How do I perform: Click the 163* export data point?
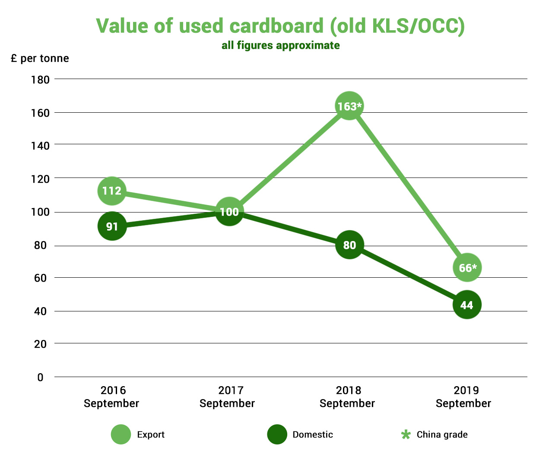[x=349, y=106]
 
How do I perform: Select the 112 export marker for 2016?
[x=112, y=190]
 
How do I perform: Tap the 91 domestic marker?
[x=112, y=226]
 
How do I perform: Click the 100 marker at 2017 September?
[x=229, y=212]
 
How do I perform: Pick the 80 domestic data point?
[x=349, y=245]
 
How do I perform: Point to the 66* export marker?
[x=467, y=268]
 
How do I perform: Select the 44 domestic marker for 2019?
[x=467, y=305]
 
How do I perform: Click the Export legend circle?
[x=121, y=435]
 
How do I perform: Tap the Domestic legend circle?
[x=277, y=435]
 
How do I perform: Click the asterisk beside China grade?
[x=406, y=435]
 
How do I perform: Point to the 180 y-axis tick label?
[x=40, y=80]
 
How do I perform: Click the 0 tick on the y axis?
[x=40, y=378]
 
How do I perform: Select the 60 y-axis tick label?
[x=40, y=278]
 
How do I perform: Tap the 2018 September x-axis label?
[x=347, y=397]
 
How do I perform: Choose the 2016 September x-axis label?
[x=111, y=397]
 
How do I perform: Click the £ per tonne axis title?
[x=40, y=58]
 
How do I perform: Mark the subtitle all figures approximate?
[x=280, y=45]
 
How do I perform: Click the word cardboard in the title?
[x=276, y=26]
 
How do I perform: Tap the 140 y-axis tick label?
[x=40, y=146]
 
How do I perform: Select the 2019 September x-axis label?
[x=463, y=397]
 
